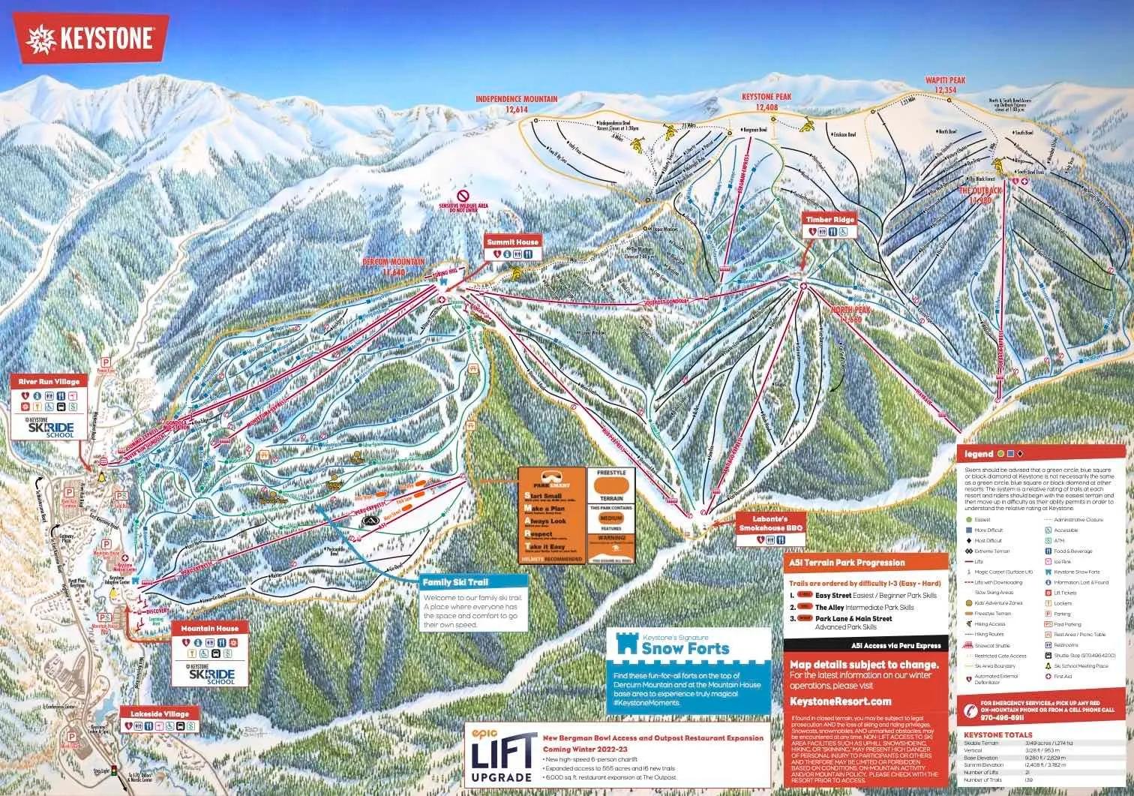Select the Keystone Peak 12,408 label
pos(766,102)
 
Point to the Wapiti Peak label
pos(945,85)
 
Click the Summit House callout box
pos(512,242)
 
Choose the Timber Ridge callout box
pos(829,220)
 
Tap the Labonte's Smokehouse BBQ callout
pos(771,523)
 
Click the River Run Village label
pos(49,382)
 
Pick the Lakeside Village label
pos(160,713)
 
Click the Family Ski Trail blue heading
pos(455,582)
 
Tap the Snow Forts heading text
pos(685,648)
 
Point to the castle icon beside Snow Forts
pos(626,644)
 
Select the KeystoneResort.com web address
pos(840,701)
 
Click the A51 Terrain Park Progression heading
pos(847,562)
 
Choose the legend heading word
pos(979,454)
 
